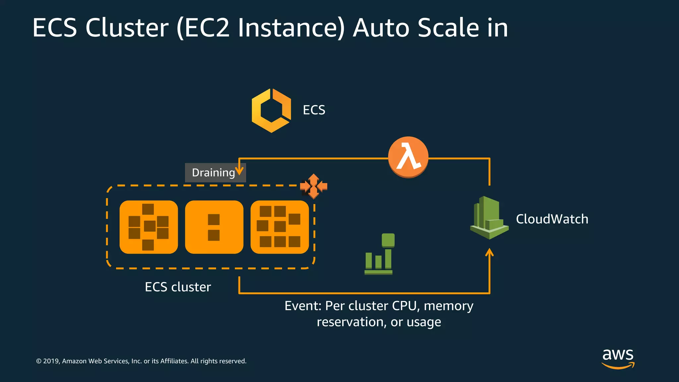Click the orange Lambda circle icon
pos(408,157)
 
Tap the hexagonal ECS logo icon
pos(271,110)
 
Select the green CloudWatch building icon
pos(489,218)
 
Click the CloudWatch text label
pos(552,219)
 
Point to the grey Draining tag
pos(213,173)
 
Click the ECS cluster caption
pos(178,287)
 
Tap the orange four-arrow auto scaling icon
pos(314,186)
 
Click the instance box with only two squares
pos(214,227)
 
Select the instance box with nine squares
pos(279,227)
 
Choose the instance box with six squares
pos(149,227)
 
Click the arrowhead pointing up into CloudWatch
pos(489,253)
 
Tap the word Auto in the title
pos(381,28)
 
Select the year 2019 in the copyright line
pos(51,361)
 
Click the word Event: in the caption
pos(303,306)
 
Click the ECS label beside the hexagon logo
pos(314,110)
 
